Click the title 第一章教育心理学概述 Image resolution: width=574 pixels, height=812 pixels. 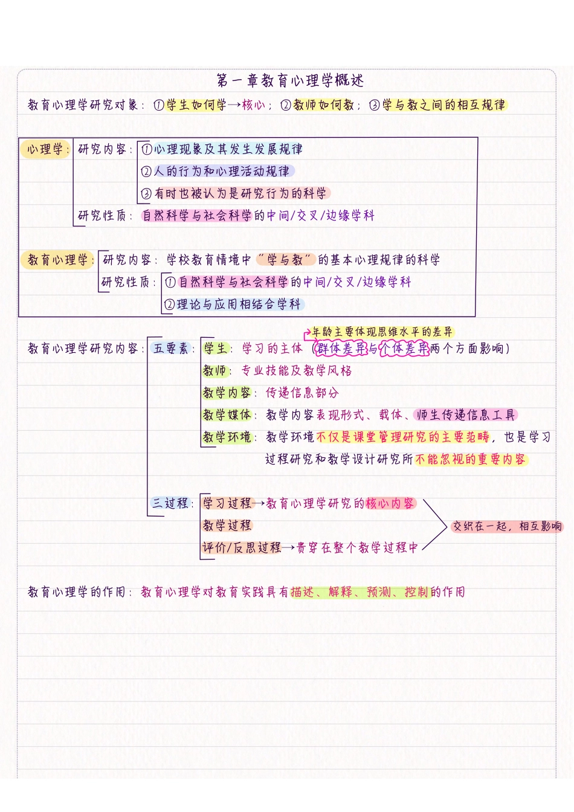click(290, 80)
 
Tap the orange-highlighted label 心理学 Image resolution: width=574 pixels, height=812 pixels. click(45, 149)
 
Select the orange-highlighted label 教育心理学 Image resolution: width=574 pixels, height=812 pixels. click(57, 260)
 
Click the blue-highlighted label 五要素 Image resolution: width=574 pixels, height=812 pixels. click(171, 349)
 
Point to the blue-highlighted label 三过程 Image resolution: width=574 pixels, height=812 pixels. click(170, 503)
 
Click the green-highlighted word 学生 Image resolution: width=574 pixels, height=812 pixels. click(215, 349)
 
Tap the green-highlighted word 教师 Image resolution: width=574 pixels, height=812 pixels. click(214, 371)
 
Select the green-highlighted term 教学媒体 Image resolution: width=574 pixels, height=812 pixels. click(227, 415)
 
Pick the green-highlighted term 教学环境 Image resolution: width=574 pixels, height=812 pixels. click(227, 437)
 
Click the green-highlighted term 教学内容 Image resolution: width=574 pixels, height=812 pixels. click(227, 393)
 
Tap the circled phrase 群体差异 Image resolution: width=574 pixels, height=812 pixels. click(341, 349)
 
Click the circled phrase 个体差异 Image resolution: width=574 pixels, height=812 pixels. click(404, 349)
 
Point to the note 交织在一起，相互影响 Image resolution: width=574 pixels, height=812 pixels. click(507, 526)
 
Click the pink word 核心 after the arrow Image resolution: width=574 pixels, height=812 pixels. click(253, 105)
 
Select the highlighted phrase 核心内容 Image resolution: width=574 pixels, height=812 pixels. click(390, 503)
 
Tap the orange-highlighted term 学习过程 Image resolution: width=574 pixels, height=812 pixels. click(227, 503)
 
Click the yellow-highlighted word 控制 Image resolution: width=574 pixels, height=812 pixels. click(416, 592)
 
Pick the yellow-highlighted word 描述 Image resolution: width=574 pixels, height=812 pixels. click(302, 592)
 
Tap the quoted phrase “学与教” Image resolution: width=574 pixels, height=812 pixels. click(285, 260)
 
